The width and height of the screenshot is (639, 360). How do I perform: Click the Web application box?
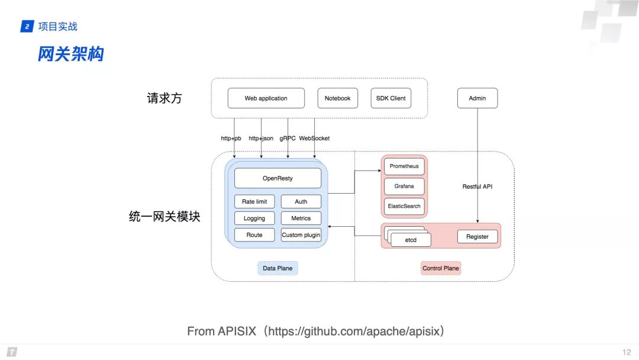[266, 98]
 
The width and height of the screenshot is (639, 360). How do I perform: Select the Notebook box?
[337, 98]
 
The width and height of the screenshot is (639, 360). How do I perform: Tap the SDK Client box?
[390, 98]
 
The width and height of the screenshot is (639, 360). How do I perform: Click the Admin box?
[477, 98]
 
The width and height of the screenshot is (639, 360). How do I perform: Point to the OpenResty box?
[277, 178]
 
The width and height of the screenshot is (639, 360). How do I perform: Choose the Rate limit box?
[254, 202]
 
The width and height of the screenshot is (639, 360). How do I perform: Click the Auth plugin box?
[301, 202]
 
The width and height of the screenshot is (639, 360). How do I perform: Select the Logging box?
[254, 218]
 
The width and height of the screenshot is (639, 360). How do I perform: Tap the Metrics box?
[301, 218]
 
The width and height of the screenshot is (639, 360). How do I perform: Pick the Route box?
[254, 235]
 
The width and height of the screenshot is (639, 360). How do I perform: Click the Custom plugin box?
[301, 235]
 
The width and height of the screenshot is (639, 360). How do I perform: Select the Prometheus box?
[404, 166]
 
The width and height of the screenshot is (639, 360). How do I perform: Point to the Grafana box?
[404, 186]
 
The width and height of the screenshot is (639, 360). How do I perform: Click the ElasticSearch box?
[404, 206]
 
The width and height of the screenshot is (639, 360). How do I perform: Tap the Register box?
[477, 237]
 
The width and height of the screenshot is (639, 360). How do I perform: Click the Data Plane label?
[277, 268]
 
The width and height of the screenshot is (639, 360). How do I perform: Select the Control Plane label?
[440, 268]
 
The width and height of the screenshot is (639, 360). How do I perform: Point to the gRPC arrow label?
[288, 139]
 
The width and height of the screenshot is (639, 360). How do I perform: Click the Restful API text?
[477, 187]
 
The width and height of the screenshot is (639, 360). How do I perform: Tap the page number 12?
[627, 352]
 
